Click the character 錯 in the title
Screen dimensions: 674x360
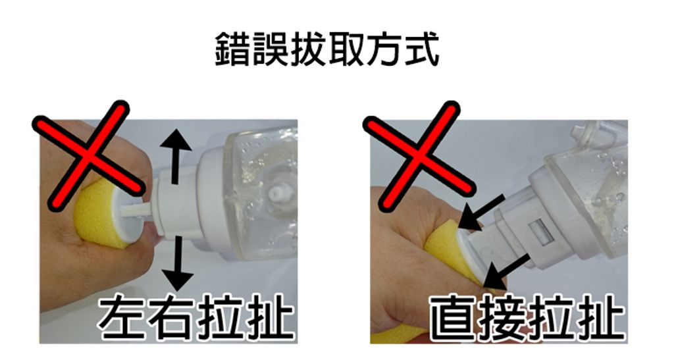pyautogui.click(x=233, y=50)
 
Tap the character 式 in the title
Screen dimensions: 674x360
pyautogui.click(x=421, y=50)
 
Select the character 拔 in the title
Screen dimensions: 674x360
pyautogui.click(x=308, y=50)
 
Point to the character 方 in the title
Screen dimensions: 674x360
pyautogui.click(x=384, y=50)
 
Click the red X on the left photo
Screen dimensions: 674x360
pyautogui.click(x=88, y=155)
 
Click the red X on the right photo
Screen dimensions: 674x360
pyautogui.click(x=419, y=155)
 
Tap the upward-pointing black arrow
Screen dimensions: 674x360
pyautogui.click(x=175, y=157)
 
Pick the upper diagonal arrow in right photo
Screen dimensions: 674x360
pyautogui.click(x=481, y=213)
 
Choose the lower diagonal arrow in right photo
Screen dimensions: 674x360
pyautogui.click(x=505, y=272)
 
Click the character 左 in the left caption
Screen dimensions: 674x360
pyautogui.click(x=124, y=318)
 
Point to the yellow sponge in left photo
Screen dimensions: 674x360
pyautogui.click(x=101, y=213)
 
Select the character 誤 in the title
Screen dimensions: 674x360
pyautogui.click(x=271, y=50)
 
